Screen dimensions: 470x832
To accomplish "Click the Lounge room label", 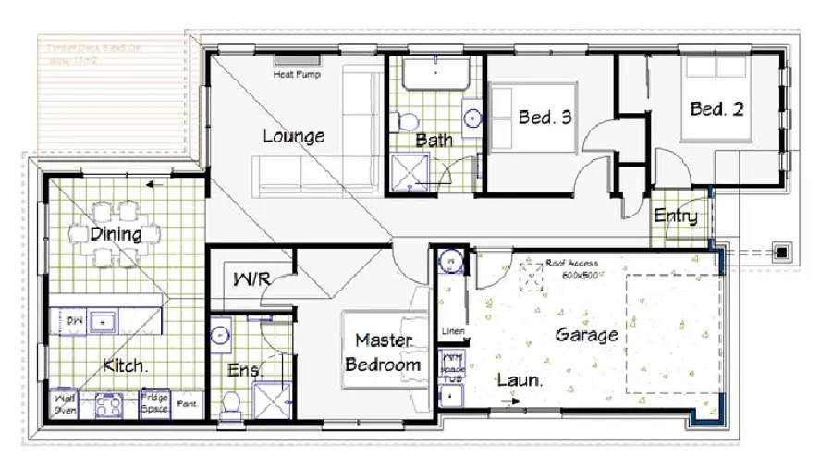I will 293,136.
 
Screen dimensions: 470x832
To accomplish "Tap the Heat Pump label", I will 296,75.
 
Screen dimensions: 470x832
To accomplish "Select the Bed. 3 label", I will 544,117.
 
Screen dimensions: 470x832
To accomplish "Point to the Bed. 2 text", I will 716,109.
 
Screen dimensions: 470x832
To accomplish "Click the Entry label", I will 675,216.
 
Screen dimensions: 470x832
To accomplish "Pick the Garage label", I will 586,334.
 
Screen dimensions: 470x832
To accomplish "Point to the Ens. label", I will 245,370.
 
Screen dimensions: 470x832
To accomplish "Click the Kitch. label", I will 124,365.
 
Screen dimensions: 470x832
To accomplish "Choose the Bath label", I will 434,141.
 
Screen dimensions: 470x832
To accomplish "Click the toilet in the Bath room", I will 404,120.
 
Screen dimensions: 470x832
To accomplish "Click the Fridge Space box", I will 153,403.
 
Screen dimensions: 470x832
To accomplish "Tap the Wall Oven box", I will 64,403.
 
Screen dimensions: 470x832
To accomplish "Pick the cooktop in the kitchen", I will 109,404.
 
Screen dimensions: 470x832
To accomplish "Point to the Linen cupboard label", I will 453,330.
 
